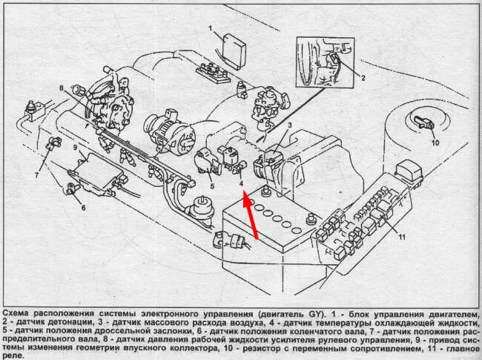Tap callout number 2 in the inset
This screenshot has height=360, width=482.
point(363,77)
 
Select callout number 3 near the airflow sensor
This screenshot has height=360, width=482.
point(289,126)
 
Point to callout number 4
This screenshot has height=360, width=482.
point(242,181)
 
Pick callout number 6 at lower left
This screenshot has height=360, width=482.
point(83,208)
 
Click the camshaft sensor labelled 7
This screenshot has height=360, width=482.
point(50,143)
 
